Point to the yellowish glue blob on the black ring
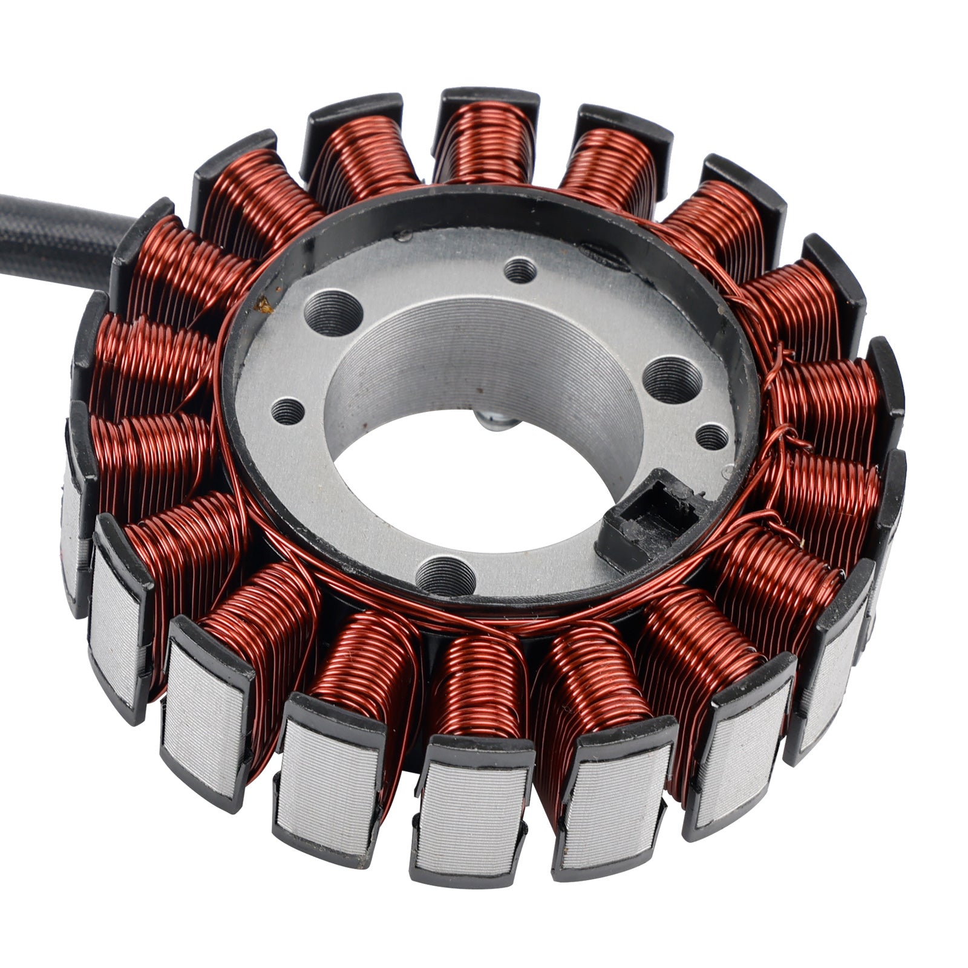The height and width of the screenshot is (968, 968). coord(264,304)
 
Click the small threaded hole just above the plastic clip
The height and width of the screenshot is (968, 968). coord(713,436)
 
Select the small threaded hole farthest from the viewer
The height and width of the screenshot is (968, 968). coord(520,270)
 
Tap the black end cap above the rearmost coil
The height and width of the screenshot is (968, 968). coord(490,100)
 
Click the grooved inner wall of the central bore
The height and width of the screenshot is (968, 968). coord(484,351)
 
